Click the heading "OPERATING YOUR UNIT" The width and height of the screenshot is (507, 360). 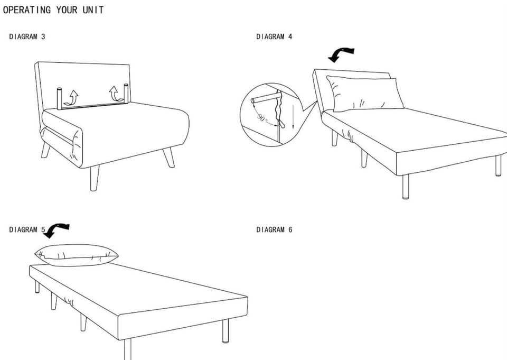coord(53,10)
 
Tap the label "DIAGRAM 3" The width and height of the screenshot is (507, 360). coord(27,36)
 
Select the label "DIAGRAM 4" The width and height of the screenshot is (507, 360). coord(274,36)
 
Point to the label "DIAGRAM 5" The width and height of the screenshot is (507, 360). coord(27,229)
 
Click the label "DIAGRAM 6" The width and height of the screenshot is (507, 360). coord(274,229)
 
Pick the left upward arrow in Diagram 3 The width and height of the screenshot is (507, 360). coord(72,97)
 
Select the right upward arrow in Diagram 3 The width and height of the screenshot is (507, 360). coord(115,94)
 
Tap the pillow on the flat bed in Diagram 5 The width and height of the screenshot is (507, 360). coord(76,255)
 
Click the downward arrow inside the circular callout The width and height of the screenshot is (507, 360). coord(293,116)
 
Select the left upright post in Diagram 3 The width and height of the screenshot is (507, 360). coord(60,99)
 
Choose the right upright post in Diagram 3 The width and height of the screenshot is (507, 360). coord(126,94)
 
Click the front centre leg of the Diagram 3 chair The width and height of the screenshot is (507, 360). coord(95,178)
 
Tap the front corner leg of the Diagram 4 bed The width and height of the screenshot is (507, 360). coord(406,187)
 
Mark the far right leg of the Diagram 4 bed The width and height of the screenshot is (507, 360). coord(499,165)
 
